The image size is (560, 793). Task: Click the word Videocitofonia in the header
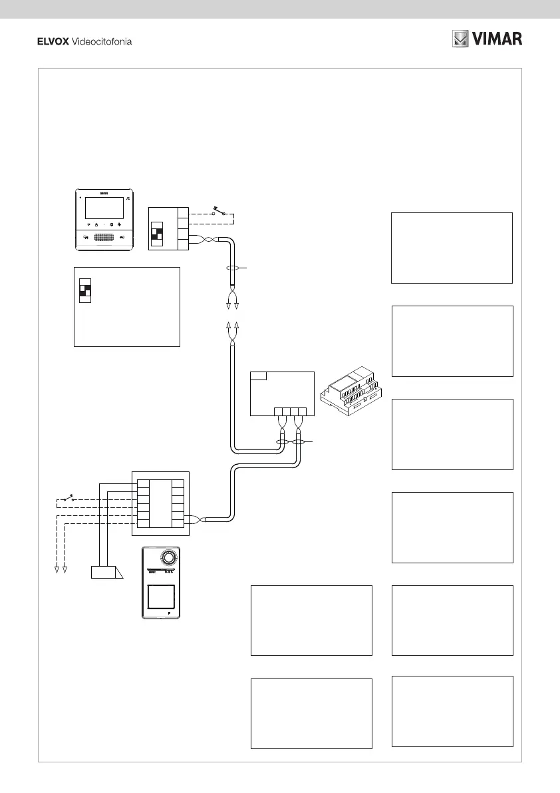pos(101,42)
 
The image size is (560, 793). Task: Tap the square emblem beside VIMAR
pos(461,39)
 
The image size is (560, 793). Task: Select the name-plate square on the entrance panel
pos(161,596)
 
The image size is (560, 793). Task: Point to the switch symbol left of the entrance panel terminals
pos(66,499)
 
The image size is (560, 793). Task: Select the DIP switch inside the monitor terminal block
pos(158,234)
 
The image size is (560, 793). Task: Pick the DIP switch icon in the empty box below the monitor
pos(84,290)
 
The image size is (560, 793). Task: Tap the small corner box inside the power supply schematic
pos(258,376)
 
